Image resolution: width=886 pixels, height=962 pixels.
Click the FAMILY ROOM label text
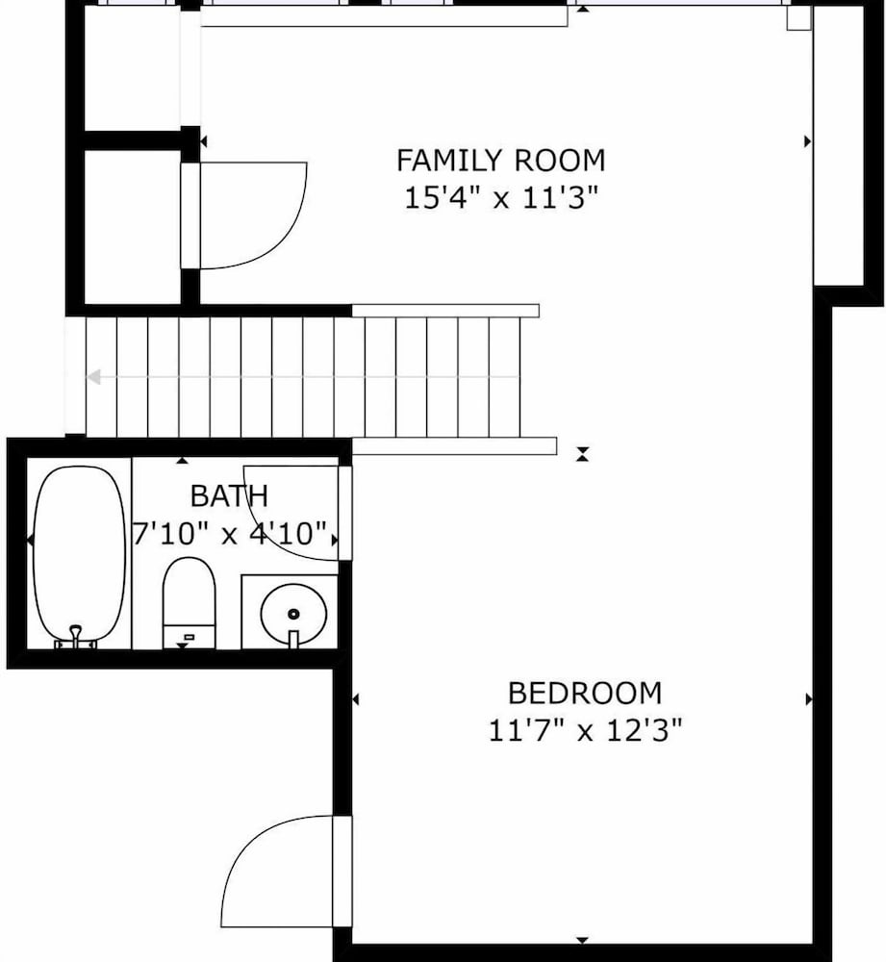pyautogui.click(x=500, y=161)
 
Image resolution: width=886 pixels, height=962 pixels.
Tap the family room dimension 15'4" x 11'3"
pyautogui.click(x=500, y=198)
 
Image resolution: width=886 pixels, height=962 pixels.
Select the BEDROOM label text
pyautogui.click(x=585, y=694)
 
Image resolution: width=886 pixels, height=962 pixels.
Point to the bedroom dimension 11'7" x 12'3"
pyautogui.click(x=585, y=731)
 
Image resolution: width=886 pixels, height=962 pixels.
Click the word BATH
pyautogui.click(x=230, y=495)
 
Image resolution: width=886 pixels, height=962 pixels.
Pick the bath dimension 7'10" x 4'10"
pyautogui.click(x=229, y=533)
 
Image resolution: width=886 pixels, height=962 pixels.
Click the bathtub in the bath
pyautogui.click(x=79, y=555)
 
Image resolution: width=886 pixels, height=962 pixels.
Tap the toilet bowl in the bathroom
pyautogui.click(x=189, y=592)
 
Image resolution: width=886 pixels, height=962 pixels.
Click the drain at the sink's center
pyautogui.click(x=293, y=614)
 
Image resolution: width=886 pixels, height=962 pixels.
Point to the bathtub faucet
pyautogui.click(x=75, y=637)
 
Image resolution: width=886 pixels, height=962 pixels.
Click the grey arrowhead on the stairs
pyautogui.click(x=93, y=377)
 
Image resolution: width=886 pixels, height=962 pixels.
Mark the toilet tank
pyautogui.click(x=189, y=637)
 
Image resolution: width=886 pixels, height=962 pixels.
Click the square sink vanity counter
pyautogui.click(x=290, y=612)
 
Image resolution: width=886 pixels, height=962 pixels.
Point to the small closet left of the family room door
pyautogui.click(x=132, y=226)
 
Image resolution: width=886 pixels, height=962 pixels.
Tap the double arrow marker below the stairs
pyautogui.click(x=582, y=455)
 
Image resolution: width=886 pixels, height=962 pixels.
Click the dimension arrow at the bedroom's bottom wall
pyautogui.click(x=582, y=940)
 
